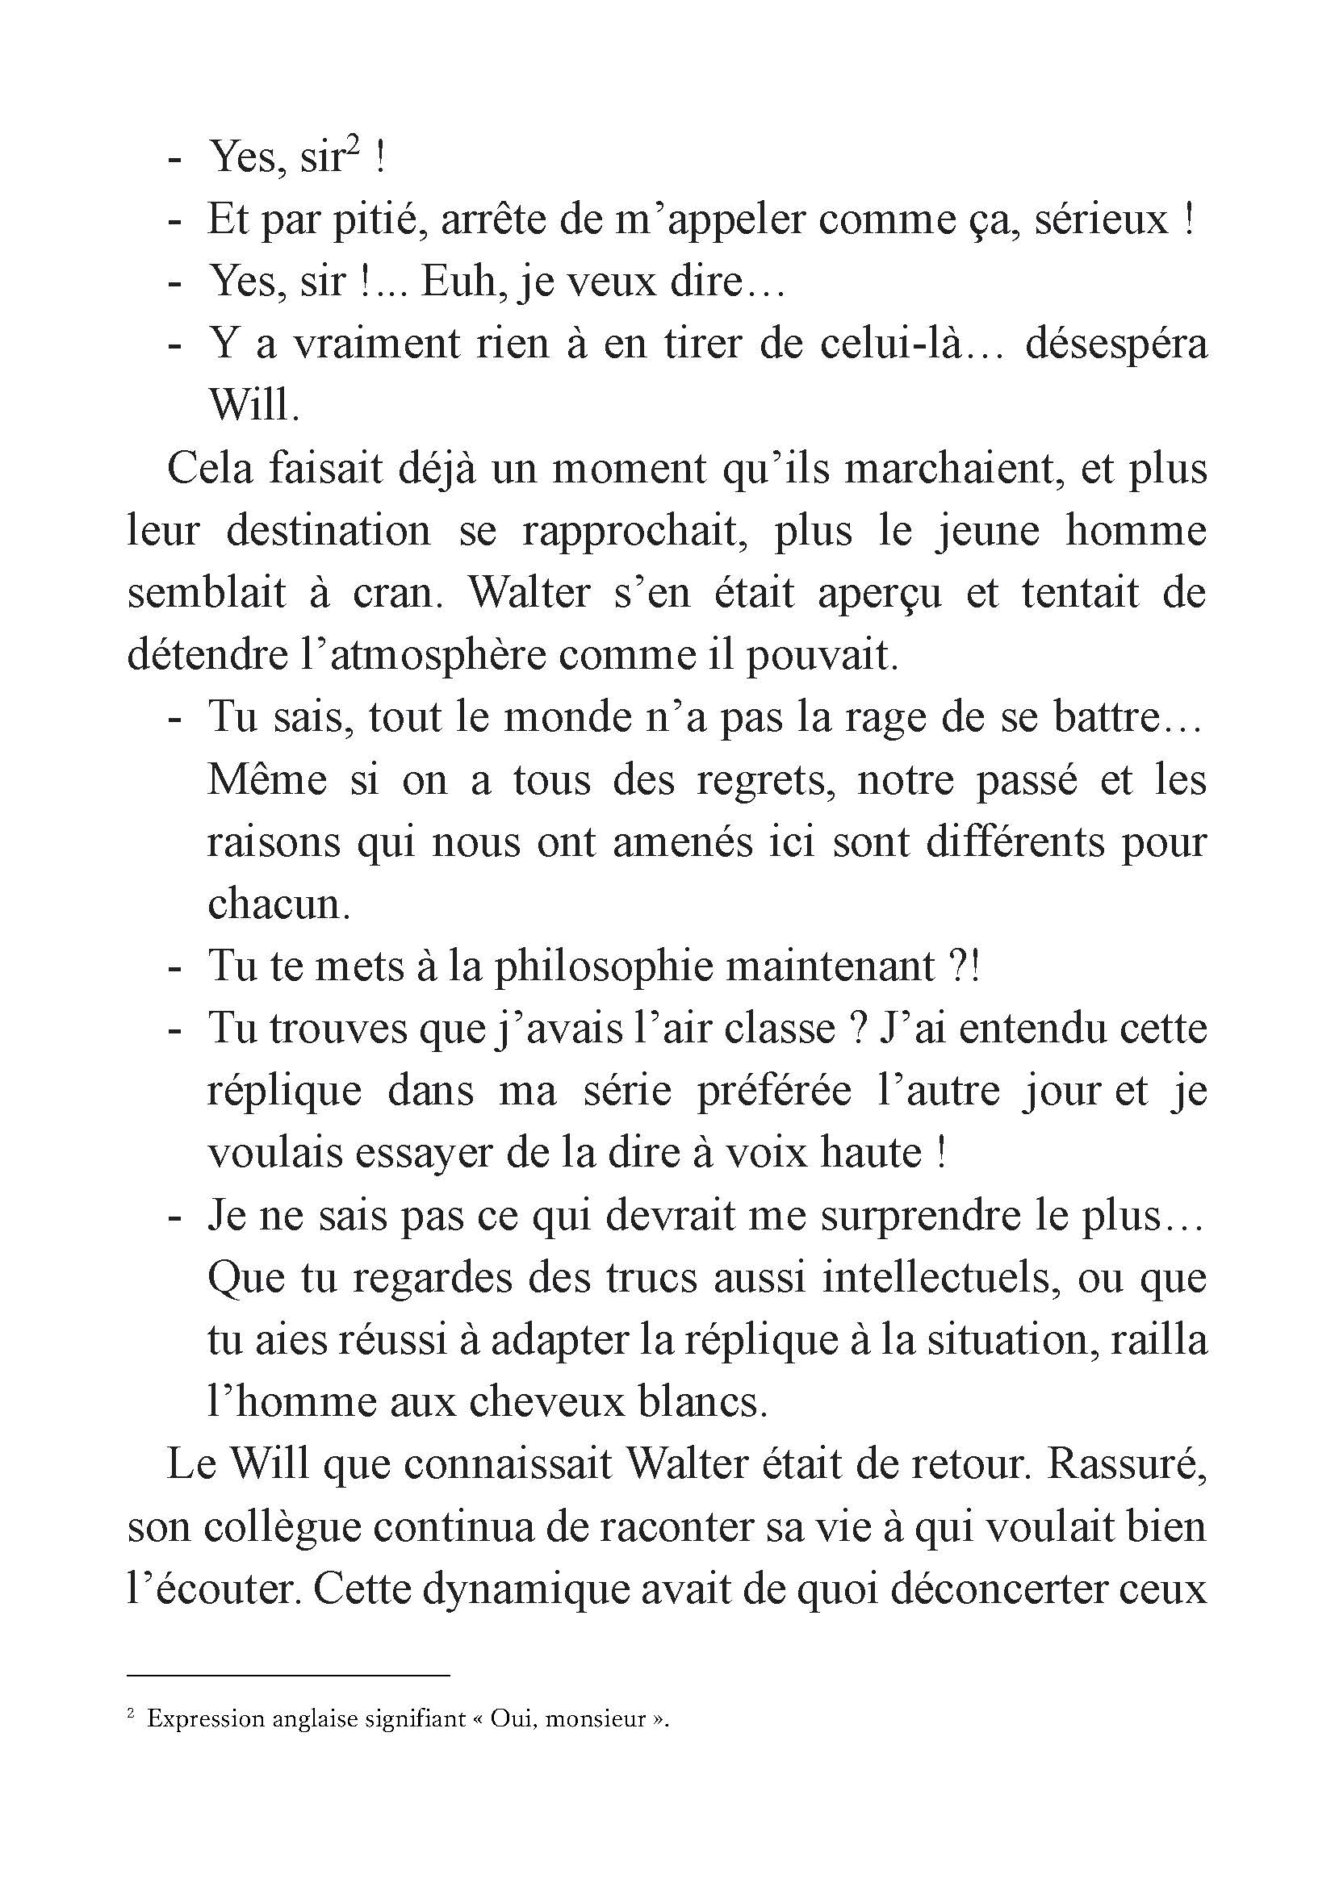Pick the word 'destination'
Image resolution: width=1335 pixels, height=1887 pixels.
tap(328, 531)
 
